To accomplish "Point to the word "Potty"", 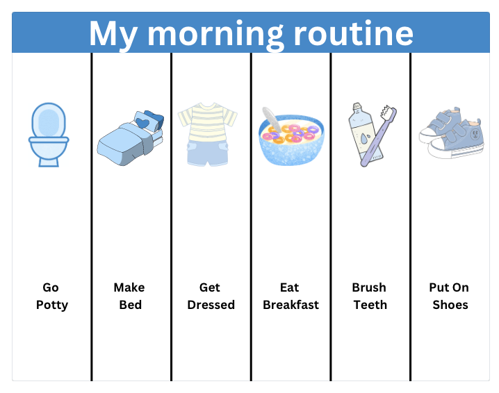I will [x=52, y=305].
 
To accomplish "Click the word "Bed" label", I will [x=130, y=305].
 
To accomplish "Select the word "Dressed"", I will [x=211, y=305].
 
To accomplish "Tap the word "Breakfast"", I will [x=291, y=305].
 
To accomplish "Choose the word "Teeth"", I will [x=370, y=305].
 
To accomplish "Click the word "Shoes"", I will [x=450, y=305].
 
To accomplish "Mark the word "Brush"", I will [x=369, y=287].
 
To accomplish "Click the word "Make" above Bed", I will [x=129, y=287].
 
